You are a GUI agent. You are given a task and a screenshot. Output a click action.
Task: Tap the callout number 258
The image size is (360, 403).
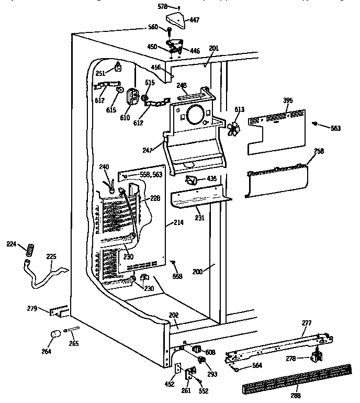click(319, 151)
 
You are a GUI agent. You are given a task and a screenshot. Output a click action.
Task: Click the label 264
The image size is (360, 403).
click(47, 351)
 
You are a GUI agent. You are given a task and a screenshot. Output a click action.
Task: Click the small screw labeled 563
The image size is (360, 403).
click(315, 124)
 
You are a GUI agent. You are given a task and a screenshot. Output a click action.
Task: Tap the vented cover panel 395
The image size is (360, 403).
click(276, 131)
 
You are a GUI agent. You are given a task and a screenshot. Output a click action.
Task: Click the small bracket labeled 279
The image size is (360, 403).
click(59, 312)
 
